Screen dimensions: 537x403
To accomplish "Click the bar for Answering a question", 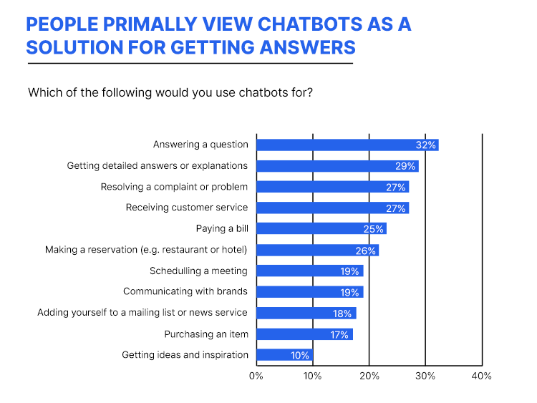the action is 347,145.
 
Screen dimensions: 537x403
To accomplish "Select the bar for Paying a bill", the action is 321,228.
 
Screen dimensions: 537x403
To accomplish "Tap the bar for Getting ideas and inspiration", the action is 284,355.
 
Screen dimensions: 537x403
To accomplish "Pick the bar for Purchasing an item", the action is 305,334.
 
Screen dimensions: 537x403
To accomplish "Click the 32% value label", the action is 426,145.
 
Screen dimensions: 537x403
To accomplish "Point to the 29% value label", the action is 405,166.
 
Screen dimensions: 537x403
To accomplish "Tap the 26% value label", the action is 366,251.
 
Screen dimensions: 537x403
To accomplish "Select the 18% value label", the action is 342,314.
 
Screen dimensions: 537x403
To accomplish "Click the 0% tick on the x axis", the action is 256,376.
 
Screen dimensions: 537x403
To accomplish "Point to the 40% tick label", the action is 482,376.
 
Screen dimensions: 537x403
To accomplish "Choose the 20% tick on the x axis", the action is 369,376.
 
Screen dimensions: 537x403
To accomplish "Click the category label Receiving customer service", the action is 187,208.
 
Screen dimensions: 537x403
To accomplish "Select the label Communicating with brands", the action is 185,291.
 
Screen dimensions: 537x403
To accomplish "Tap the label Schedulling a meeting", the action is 198,271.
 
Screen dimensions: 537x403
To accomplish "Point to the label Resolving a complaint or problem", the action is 174,187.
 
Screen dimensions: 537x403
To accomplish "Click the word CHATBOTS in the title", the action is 309,24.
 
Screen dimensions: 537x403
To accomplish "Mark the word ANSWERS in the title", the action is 308,47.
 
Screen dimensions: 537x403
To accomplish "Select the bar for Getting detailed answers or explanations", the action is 337,166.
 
